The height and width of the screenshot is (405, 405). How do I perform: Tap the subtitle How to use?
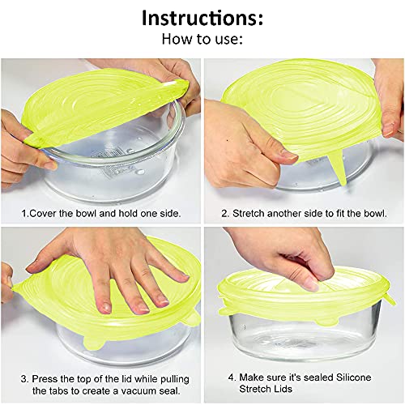click(202, 39)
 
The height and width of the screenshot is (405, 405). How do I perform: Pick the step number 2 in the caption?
click(224, 215)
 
